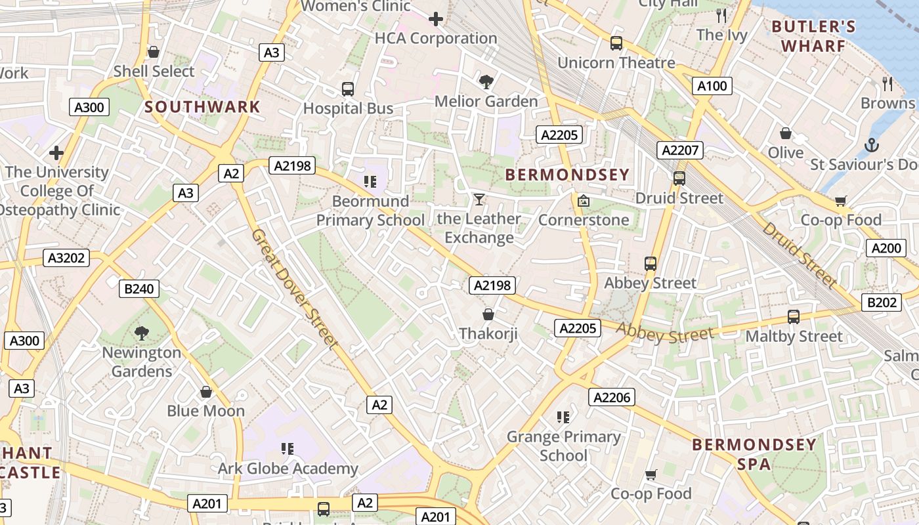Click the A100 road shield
[x=712, y=86]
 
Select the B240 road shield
[x=139, y=288]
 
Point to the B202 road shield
[x=881, y=303]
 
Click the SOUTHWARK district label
[x=202, y=106]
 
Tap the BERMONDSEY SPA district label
[x=754, y=454]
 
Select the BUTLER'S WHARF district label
[x=814, y=36]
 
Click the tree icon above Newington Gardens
[x=141, y=333]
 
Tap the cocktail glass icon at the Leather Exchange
[x=479, y=199]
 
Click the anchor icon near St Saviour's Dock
[x=872, y=144]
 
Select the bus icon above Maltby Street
[x=793, y=317]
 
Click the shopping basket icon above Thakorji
[x=488, y=314]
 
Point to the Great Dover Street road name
[x=295, y=289]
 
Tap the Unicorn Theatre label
[x=616, y=62]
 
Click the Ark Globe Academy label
[x=288, y=469]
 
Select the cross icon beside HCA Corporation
[x=435, y=19]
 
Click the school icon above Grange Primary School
[x=563, y=417]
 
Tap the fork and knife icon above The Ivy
[x=721, y=15]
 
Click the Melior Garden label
[x=486, y=101]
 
